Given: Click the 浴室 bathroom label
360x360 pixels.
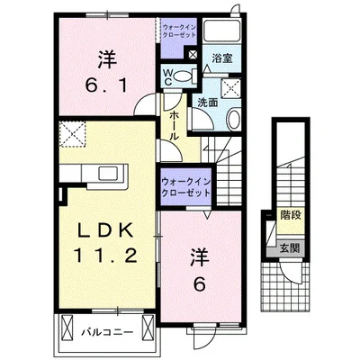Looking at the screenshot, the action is [x=222, y=58].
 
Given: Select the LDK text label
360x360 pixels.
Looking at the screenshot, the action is [x=105, y=231].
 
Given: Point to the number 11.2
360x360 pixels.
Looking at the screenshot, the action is [x=106, y=256].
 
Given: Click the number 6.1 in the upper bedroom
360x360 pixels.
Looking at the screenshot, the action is [x=107, y=85].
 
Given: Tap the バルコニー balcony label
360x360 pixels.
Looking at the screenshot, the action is [x=107, y=332].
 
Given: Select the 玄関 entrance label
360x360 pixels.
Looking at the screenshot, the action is [x=290, y=248].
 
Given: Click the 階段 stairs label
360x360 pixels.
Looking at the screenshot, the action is [x=291, y=215].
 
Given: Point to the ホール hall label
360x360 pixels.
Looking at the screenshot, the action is [x=174, y=126].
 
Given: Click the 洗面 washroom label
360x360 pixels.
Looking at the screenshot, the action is [x=207, y=103].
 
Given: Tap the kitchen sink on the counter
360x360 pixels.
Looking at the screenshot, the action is [x=109, y=174].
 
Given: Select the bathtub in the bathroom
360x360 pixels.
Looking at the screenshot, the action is [x=222, y=31].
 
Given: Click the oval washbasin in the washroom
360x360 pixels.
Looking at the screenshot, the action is [x=233, y=120].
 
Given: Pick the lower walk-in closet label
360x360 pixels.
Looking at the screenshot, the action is [x=185, y=187].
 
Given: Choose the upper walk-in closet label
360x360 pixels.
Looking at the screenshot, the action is [x=179, y=31].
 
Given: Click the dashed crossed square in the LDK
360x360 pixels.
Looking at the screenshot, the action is [x=72, y=134].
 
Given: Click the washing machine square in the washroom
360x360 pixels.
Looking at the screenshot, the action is [x=230, y=88].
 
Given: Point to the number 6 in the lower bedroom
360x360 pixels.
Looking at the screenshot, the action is [x=199, y=283].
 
